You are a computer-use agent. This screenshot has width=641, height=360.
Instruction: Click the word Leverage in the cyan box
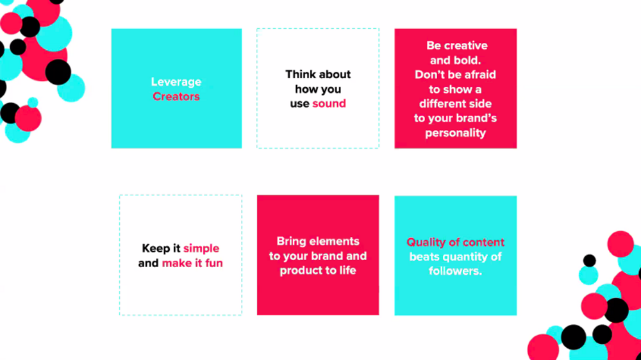(176, 82)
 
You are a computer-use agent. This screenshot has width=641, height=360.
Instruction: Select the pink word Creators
(176, 97)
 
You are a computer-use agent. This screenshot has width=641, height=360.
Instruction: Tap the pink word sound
(329, 103)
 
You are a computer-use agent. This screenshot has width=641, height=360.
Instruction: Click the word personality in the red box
(455, 133)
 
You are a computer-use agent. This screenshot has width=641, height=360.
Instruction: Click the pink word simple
(201, 249)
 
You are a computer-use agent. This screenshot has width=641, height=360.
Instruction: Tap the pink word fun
(214, 263)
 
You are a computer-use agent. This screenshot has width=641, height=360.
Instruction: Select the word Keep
(156, 249)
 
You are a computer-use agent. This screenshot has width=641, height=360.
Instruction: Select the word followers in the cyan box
(455, 271)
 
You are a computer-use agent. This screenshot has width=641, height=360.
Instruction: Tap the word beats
(424, 257)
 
